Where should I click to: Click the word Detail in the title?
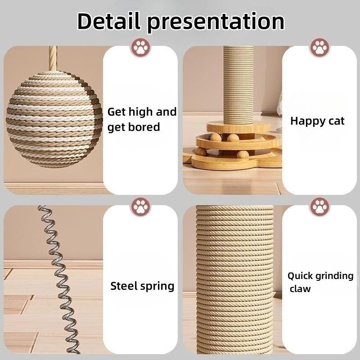coord(109,21)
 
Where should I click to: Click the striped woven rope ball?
coord(54,118)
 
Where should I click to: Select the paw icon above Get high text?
coord(140,47)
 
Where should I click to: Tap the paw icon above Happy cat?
coord(319,47)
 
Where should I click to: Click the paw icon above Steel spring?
coord(140,207)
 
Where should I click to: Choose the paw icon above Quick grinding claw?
coord(319,207)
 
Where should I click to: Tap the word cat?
coord(335,121)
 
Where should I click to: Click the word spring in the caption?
coord(157,286)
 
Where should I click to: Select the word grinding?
coord(335,276)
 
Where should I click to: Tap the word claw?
coord(300,289)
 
